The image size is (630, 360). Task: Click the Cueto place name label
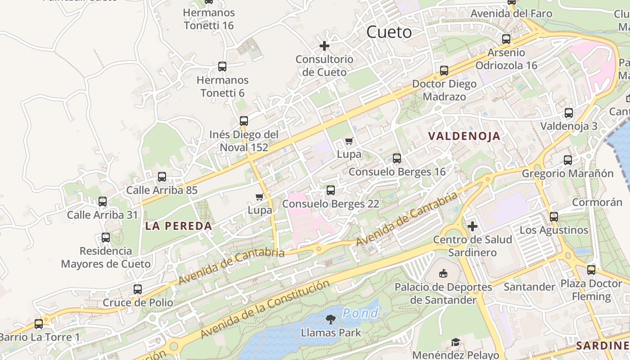[x=389, y=32]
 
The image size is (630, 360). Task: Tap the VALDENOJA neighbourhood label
[x=464, y=136]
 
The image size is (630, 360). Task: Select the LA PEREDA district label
[x=178, y=226]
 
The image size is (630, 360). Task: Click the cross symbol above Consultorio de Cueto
[x=324, y=46]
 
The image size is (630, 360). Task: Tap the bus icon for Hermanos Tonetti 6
[x=222, y=67]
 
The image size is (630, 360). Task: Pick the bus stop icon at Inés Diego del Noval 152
[x=243, y=121]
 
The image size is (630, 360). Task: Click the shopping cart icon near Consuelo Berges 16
[x=349, y=141]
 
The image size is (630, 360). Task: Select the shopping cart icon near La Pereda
[x=259, y=197]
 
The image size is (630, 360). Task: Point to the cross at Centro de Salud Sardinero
[x=472, y=226]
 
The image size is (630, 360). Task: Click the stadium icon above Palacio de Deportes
[x=443, y=274]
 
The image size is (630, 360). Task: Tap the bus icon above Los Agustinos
[x=553, y=217]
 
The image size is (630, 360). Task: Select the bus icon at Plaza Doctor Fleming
[x=591, y=270]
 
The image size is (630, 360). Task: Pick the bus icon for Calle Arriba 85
[x=162, y=177]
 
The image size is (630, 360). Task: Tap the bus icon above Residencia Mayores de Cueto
[x=105, y=238]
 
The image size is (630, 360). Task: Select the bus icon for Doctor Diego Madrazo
[x=444, y=71]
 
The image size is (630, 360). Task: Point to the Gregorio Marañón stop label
[x=567, y=173]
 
